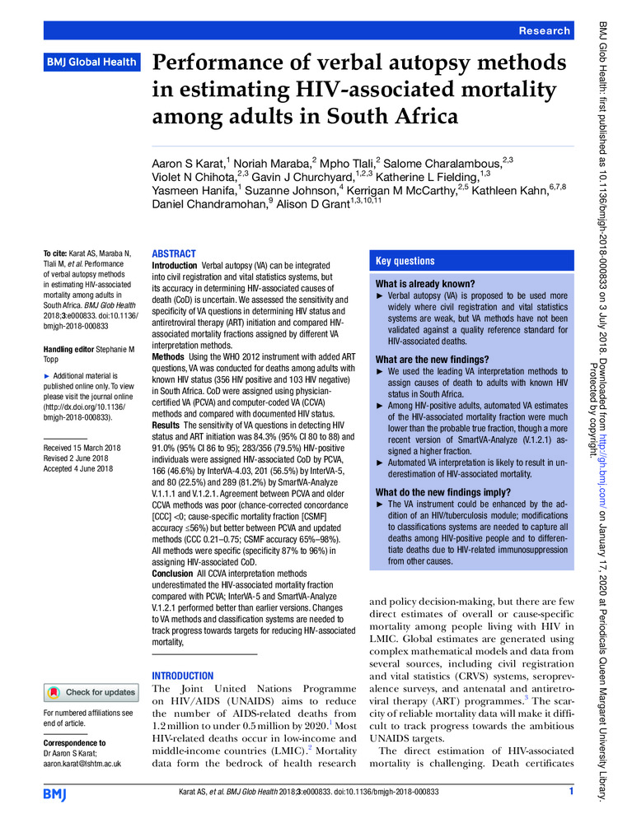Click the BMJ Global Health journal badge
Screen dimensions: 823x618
(x=91, y=63)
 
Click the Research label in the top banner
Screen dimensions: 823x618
(x=544, y=30)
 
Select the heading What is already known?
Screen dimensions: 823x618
(x=424, y=284)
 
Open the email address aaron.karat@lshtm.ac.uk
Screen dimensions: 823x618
(x=82, y=763)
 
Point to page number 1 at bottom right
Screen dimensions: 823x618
(x=570, y=792)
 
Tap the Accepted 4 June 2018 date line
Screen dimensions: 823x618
(x=79, y=468)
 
